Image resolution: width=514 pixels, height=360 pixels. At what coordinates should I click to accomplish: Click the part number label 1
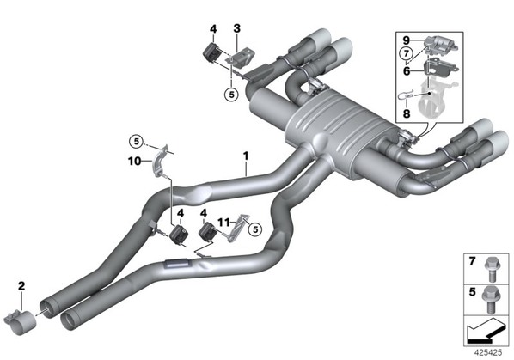246,156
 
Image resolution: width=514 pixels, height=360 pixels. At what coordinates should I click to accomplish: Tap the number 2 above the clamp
21,286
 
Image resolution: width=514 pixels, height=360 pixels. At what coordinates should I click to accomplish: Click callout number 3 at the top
236,28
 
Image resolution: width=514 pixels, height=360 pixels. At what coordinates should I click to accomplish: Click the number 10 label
134,161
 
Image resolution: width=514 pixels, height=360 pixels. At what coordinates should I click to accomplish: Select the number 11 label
223,223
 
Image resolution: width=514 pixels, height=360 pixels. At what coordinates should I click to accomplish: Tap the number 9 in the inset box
407,40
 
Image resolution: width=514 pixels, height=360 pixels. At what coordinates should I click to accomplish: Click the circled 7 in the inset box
407,53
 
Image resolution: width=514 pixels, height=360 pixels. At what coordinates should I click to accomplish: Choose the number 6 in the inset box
407,70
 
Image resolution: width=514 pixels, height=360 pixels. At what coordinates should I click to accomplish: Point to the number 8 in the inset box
407,113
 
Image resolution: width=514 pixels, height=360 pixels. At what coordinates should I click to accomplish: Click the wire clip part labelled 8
406,96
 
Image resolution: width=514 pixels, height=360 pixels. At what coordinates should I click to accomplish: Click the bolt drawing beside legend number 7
491,270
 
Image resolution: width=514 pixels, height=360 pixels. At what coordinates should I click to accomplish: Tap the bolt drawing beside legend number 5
490,299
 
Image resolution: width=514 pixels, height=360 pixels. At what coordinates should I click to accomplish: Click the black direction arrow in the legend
486,331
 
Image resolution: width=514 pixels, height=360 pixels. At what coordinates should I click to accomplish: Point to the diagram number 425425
488,353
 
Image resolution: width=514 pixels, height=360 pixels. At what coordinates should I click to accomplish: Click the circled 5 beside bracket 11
255,229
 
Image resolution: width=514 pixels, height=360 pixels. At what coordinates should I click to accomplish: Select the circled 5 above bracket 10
136,142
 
